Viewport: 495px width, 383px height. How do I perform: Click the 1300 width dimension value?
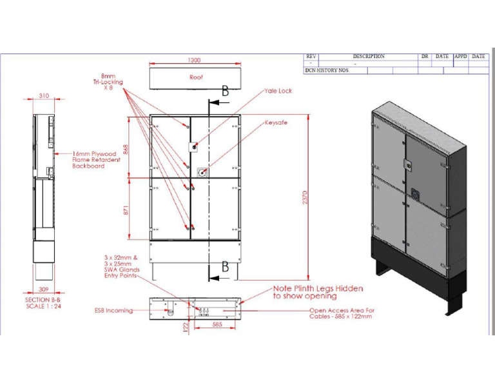[x=193, y=60]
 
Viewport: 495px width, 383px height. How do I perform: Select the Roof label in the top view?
[x=196, y=77]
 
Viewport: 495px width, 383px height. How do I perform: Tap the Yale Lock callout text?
[x=278, y=91]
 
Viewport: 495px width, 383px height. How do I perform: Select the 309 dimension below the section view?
[x=43, y=290]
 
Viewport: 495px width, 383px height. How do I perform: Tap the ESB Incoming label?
[x=113, y=310]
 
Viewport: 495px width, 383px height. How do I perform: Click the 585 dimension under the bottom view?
[x=217, y=325]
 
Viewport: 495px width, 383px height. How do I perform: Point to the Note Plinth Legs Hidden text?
[x=318, y=292]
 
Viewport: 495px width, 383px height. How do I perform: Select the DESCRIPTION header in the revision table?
[x=368, y=57]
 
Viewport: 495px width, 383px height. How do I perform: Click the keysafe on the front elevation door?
[x=202, y=172]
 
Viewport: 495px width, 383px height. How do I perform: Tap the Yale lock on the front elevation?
[x=191, y=147]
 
